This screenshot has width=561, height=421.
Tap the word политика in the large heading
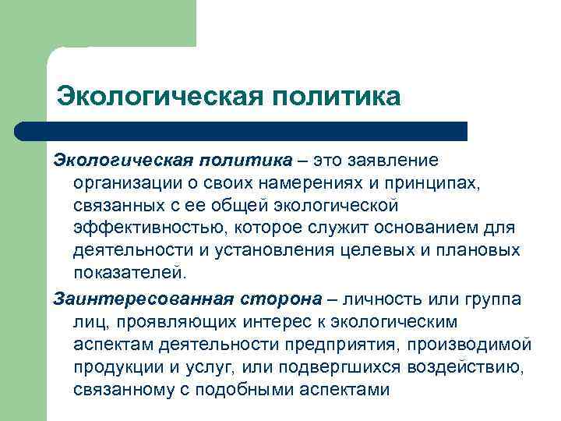point(337,97)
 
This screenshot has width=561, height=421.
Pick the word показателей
point(131,274)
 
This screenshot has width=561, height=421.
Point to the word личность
point(387,299)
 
